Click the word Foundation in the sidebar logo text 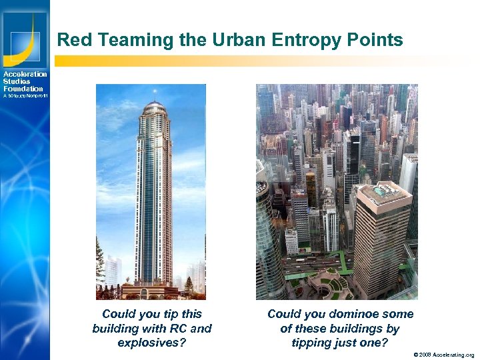[23, 89]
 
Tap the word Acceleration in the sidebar [25, 74]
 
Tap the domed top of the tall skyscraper [154, 109]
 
